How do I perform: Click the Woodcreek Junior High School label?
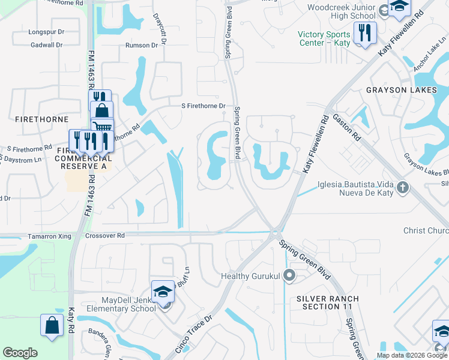coord(341,12)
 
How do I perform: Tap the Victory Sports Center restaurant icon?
coord(364,33)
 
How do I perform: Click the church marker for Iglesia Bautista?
coord(402,188)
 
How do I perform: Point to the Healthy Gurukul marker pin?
coord(289,275)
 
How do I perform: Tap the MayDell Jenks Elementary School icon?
coord(163,292)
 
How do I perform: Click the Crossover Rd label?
coord(104,236)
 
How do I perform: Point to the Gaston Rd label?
coord(345,127)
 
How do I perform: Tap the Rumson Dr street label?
coord(141,45)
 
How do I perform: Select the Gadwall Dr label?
coord(46,45)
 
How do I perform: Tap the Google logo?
coord(20,353)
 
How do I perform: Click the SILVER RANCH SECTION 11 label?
coord(327,302)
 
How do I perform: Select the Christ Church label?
coord(426,230)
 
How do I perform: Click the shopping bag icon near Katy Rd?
coord(52,326)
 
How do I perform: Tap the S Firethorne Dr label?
coord(203,106)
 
